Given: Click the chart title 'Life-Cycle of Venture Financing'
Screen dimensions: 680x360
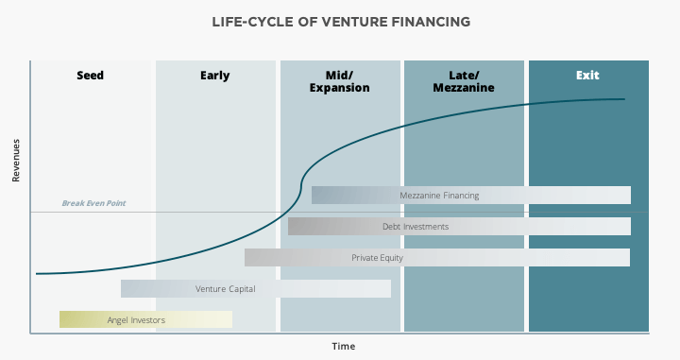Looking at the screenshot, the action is pyautogui.click(x=341, y=22).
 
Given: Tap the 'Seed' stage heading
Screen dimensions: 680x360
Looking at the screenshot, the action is pyautogui.click(x=91, y=76).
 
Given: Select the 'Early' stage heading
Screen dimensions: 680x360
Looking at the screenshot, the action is pyautogui.click(x=214, y=76).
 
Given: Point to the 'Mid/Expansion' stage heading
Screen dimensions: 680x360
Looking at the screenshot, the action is pyautogui.click(x=340, y=81).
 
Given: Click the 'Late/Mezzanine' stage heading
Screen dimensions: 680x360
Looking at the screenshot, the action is pyautogui.click(x=464, y=81).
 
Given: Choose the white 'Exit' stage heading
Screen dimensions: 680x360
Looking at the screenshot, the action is pyautogui.click(x=587, y=76).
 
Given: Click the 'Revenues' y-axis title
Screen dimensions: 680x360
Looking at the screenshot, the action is pyautogui.click(x=16, y=161).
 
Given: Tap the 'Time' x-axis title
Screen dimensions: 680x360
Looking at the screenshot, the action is pyautogui.click(x=344, y=346).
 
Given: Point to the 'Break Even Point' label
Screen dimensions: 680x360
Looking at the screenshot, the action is pyautogui.click(x=93, y=203).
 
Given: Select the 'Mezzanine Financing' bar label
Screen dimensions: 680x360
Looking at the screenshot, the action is pyautogui.click(x=439, y=196).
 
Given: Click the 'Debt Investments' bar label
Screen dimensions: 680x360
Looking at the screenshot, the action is pyautogui.click(x=416, y=227).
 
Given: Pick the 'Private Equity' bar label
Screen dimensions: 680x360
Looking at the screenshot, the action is pyautogui.click(x=377, y=258).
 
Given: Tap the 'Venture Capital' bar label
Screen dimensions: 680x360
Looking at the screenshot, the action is pyautogui.click(x=225, y=289).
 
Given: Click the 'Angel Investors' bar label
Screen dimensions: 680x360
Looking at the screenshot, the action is pyautogui.click(x=136, y=320).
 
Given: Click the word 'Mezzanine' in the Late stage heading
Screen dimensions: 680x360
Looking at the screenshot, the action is pyautogui.click(x=464, y=88).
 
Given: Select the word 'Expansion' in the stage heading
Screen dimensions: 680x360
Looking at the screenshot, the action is pyautogui.click(x=340, y=88).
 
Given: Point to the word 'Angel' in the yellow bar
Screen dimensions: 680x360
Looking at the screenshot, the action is pyautogui.click(x=117, y=320).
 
